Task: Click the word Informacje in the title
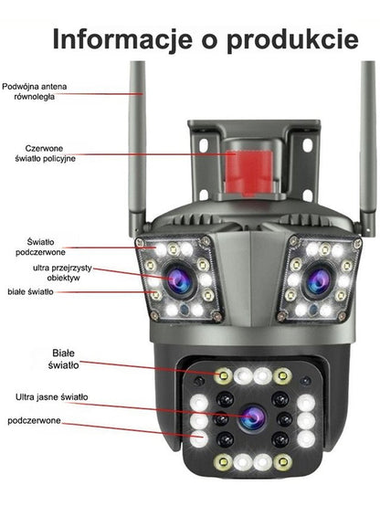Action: [122, 39]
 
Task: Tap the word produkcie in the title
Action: [292, 40]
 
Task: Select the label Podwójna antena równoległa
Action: [34, 91]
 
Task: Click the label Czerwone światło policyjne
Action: [45, 153]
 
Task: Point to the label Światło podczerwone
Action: [40, 247]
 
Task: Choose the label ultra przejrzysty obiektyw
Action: [63, 273]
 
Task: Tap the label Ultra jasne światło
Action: [52, 397]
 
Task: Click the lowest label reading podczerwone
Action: [34, 421]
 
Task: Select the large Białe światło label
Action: [64, 359]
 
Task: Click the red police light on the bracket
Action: [249, 173]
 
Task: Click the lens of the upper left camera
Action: [180, 281]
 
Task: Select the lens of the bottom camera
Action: [254, 418]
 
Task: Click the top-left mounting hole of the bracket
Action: [203, 145]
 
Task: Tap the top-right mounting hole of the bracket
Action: [308, 145]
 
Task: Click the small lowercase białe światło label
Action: [31, 292]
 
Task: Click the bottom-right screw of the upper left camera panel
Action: [217, 316]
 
